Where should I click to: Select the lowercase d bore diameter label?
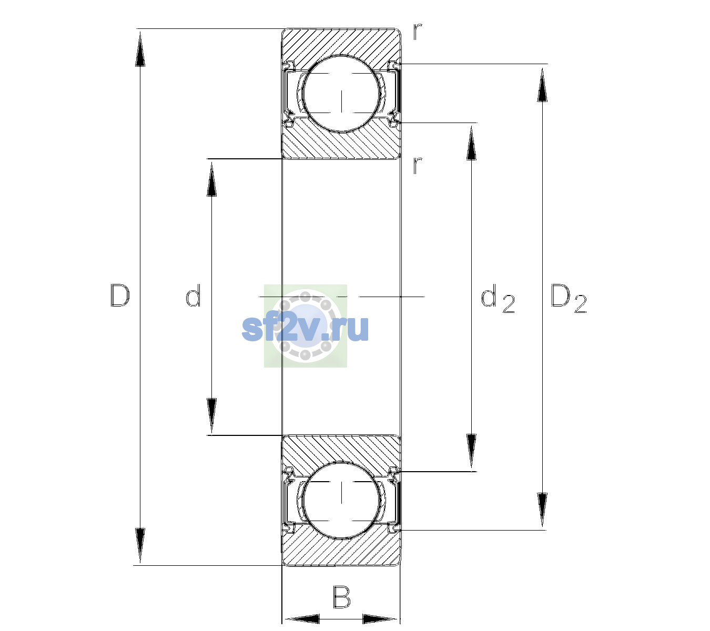193,295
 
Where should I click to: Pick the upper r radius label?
418,32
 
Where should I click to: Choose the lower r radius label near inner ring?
418,166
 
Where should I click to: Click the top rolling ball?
341,94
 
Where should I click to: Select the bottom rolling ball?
341,500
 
